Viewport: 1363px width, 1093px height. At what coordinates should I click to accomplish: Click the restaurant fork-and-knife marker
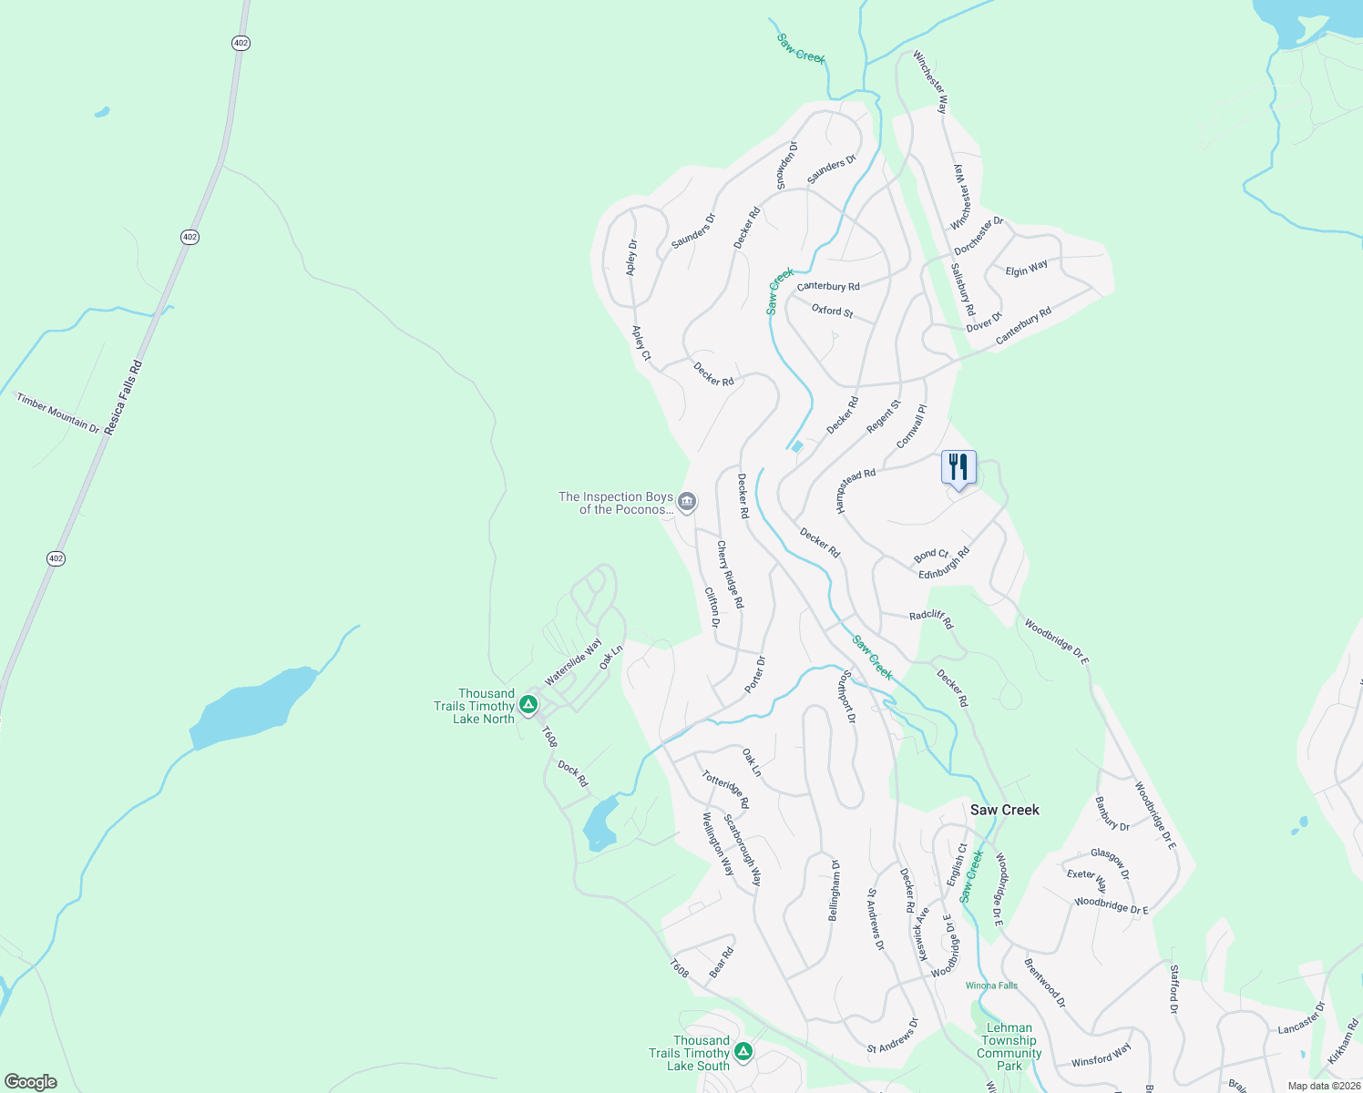[958, 467]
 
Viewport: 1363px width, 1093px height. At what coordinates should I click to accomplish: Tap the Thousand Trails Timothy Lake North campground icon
[528, 705]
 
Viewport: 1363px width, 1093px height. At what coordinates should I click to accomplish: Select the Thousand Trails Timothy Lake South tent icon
[743, 1052]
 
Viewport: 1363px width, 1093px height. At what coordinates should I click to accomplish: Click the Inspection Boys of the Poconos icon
[688, 501]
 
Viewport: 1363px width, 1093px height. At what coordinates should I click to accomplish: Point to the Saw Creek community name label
[1004, 810]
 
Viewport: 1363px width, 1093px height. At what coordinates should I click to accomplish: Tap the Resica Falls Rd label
[124, 397]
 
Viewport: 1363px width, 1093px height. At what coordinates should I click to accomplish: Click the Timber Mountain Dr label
[57, 413]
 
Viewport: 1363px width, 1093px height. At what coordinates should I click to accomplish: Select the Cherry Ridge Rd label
[730, 575]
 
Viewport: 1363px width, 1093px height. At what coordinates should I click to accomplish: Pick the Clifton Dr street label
[712, 608]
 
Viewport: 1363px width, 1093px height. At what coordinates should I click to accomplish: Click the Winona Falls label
[991, 986]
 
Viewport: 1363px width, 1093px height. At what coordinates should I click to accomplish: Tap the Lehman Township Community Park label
[1009, 1047]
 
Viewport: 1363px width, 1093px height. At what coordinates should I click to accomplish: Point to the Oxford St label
[832, 311]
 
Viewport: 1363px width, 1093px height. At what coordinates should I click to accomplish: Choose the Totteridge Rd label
[725, 790]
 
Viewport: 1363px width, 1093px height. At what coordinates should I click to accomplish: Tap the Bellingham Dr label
[834, 890]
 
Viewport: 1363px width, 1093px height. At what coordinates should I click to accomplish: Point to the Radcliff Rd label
[930, 618]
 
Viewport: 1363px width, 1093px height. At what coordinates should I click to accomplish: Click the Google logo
[30, 1082]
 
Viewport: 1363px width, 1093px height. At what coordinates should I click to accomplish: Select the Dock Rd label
[573, 774]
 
